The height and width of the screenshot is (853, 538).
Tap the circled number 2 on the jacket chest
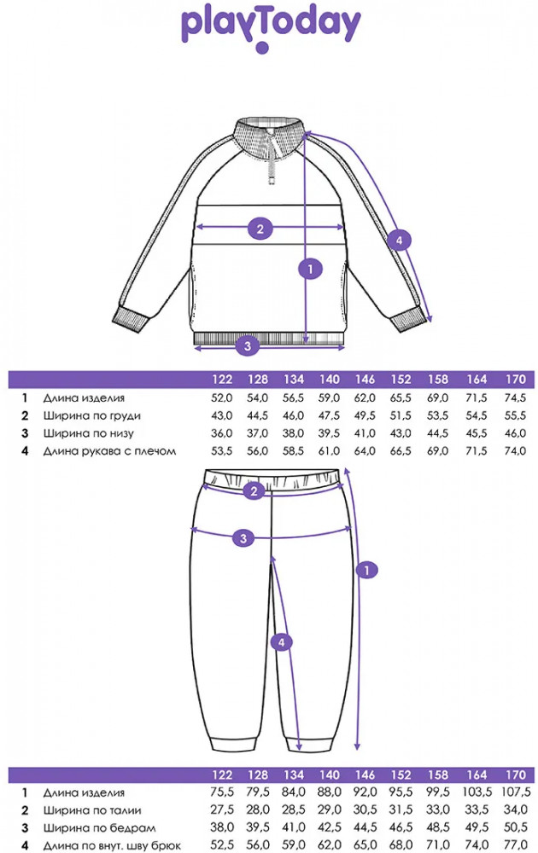coord(260,228)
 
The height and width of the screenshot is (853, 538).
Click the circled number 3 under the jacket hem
coord(248,345)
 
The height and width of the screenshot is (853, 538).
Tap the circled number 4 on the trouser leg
coord(284,641)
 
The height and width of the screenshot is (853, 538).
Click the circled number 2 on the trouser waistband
coord(254,490)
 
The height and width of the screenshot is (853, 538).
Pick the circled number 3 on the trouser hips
coord(243,537)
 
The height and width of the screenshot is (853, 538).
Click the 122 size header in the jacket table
coord(221,379)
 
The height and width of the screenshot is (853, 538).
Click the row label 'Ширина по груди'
coord(92,415)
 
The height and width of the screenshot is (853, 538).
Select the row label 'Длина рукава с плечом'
coord(109,450)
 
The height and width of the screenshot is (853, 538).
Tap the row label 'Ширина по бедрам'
coord(95,828)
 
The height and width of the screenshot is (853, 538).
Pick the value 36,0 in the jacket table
coord(221,433)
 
